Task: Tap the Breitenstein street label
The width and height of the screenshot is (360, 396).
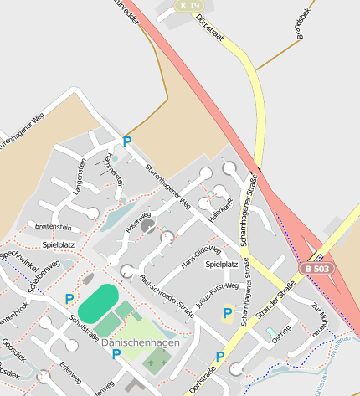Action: point(52,226)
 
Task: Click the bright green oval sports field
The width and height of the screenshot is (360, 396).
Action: point(98,300)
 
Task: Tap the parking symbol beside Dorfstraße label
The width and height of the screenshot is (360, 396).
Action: point(220,357)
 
